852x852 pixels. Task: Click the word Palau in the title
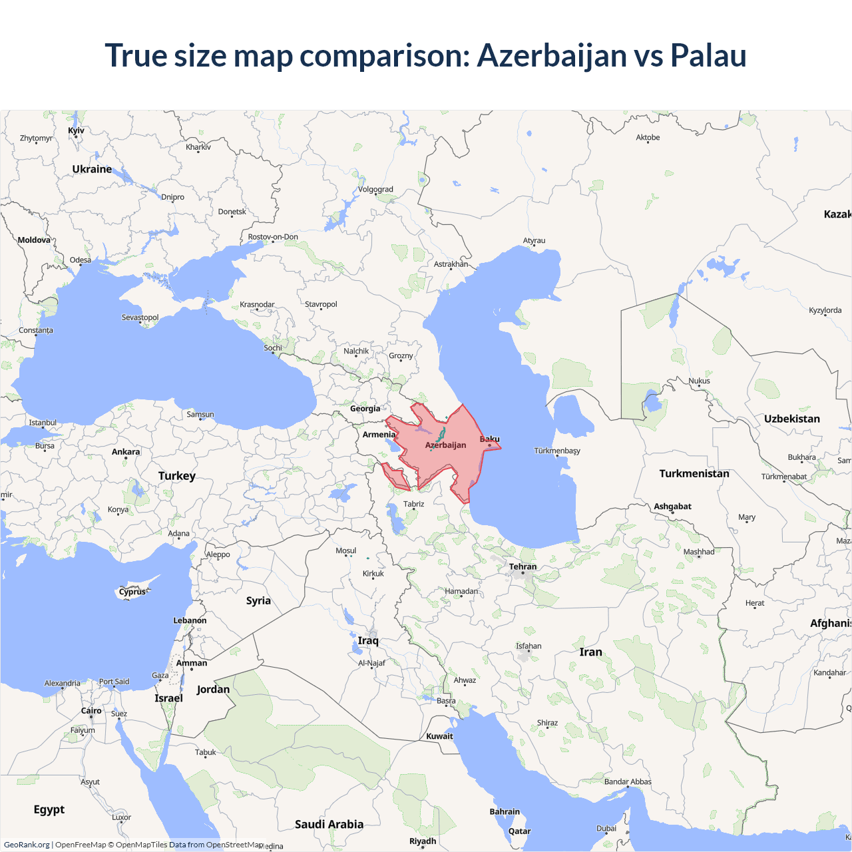708,55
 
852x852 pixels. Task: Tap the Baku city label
489,439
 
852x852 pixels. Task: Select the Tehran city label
523,567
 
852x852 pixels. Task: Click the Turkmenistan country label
694,473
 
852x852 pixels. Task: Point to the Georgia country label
365,409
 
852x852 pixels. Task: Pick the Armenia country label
379,435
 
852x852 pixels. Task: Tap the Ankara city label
126,452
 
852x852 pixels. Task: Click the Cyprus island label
132,592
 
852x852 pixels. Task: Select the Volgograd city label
375,190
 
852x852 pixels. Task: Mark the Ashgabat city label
672,507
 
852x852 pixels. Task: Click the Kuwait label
439,736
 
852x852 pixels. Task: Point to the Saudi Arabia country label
329,824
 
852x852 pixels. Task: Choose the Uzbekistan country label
791,419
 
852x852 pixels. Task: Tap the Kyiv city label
76,130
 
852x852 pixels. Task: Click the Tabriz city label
413,504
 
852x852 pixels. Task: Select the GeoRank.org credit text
27,845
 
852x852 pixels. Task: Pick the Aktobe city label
648,138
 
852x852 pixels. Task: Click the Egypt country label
49,809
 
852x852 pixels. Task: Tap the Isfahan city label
529,646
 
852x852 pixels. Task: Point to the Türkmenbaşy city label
557,451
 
